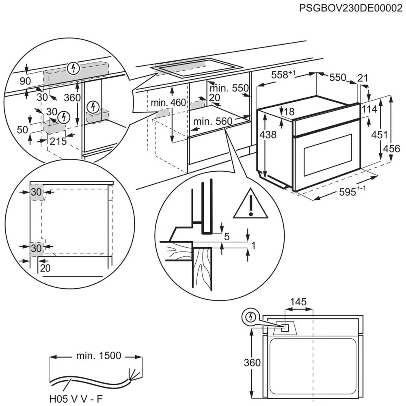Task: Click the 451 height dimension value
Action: tap(379, 135)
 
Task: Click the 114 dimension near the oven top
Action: tap(369, 109)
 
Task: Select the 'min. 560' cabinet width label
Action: tap(212, 121)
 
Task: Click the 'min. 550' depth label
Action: tap(228, 88)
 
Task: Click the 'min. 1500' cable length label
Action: tap(98, 356)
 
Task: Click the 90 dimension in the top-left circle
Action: tap(25, 81)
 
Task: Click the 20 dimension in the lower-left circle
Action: tap(45, 268)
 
